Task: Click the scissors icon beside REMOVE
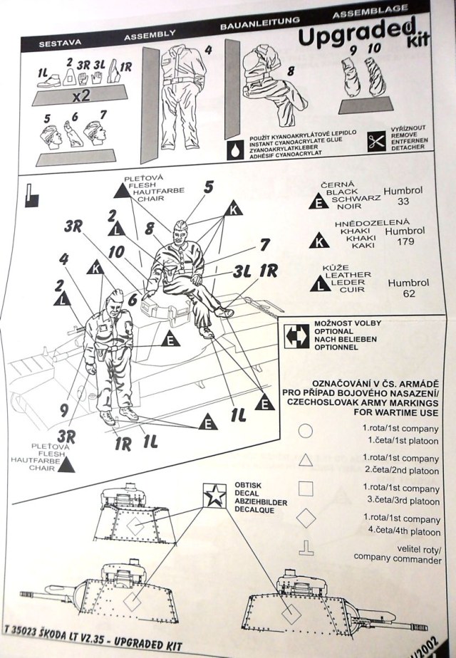coord(375,142)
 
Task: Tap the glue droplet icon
coord(236,150)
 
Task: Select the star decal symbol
coord(215,495)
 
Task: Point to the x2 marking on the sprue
coord(81,96)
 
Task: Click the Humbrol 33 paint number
coord(403,196)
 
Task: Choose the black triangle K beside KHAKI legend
coord(318,240)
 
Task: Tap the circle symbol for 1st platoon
coord(305,431)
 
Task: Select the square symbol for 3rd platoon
coord(305,488)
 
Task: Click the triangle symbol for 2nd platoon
coord(306,460)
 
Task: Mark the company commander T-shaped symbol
coord(306,548)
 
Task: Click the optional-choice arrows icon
coord(296,336)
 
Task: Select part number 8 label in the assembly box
coord(291,71)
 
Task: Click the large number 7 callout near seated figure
coord(265,244)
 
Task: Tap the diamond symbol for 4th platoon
coord(306,518)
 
